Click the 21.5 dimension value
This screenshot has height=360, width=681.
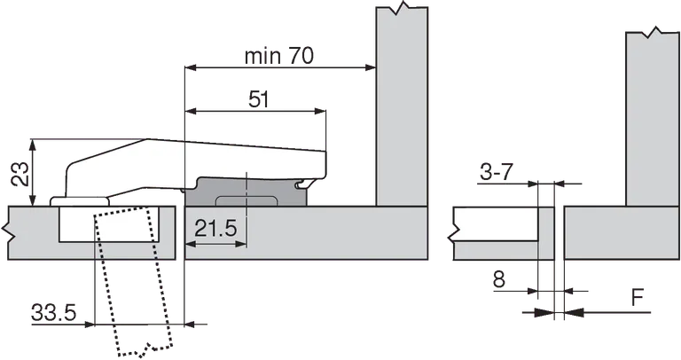pyautogui.click(x=215, y=228)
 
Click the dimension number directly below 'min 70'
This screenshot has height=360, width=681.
pyautogui.click(x=256, y=103)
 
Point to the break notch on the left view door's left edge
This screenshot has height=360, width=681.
pyautogui.click(x=8, y=233)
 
